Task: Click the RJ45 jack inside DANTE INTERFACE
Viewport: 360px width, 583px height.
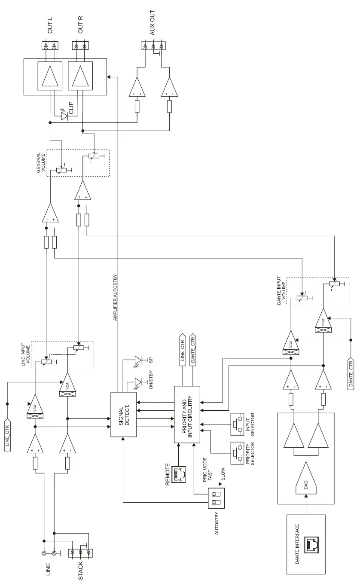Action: coord(310,545)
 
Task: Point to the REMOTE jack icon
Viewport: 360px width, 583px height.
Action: coord(178,474)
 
